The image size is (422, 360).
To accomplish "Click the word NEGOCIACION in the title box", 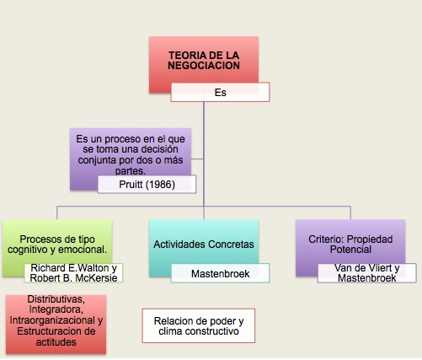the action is [x=204, y=66].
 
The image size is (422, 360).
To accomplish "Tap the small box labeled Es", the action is [x=220, y=92].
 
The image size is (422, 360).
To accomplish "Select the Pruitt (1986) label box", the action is [x=147, y=185].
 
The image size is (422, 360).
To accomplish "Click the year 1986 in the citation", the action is [x=161, y=185].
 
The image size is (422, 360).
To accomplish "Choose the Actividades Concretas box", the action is [x=204, y=248].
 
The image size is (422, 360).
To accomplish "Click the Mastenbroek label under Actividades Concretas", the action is [x=220, y=273].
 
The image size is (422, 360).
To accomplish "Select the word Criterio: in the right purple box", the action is [x=326, y=239].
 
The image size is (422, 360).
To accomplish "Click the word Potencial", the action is [x=350, y=250].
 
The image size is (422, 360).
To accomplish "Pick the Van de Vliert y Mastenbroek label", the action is [x=367, y=272].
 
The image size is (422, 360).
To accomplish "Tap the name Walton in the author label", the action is [x=89, y=268].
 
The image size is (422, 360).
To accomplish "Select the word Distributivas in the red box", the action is [x=56, y=299].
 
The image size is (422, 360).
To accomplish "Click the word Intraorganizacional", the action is [x=52, y=320].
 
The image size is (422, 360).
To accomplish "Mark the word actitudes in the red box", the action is [x=56, y=342].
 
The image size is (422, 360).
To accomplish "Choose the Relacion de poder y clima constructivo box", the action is [x=199, y=325].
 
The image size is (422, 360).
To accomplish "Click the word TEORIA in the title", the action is [x=185, y=55].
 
